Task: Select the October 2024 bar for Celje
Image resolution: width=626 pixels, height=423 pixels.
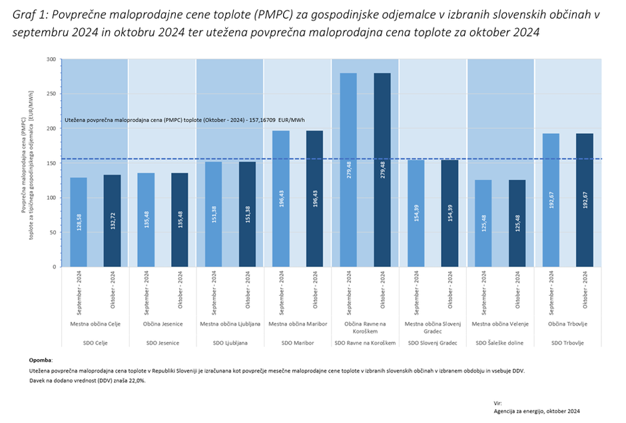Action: [x=112, y=220]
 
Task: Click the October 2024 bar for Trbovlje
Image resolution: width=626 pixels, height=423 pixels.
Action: [x=585, y=200]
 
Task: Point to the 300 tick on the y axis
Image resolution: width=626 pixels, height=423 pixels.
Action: [x=51, y=59]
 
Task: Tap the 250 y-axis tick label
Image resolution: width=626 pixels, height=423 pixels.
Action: [x=51, y=94]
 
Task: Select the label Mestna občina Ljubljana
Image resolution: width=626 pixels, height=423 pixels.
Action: [x=230, y=324]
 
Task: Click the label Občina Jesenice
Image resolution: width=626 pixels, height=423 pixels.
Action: [x=162, y=324]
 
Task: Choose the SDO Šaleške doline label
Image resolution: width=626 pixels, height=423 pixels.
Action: [x=500, y=343]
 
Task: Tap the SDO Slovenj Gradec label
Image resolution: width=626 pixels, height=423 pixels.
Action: [x=432, y=343]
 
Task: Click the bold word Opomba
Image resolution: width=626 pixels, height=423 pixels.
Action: [x=41, y=360]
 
